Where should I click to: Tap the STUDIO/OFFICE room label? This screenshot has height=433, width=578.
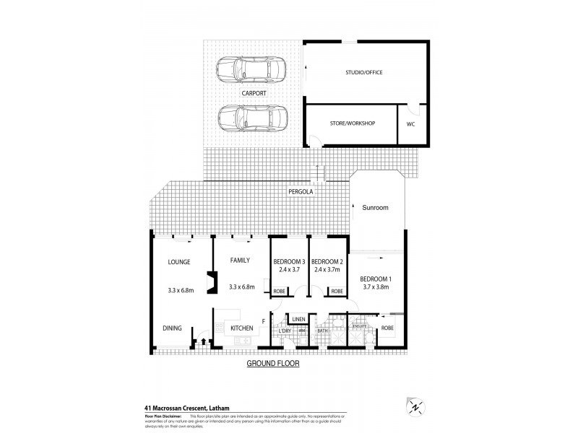click(x=363, y=72)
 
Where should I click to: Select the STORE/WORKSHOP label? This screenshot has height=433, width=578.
click(x=351, y=123)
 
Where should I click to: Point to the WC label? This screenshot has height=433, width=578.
click(x=410, y=124)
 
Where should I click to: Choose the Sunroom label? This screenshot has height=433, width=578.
click(x=376, y=208)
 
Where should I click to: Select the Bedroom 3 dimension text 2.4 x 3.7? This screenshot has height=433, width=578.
click(x=288, y=270)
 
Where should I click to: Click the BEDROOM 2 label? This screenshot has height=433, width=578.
click(x=327, y=261)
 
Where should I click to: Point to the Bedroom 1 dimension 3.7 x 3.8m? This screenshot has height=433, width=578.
click(x=376, y=287)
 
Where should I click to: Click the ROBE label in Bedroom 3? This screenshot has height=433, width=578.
click(x=279, y=291)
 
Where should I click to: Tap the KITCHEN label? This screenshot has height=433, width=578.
click(x=241, y=328)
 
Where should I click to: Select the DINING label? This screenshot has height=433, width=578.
click(x=172, y=328)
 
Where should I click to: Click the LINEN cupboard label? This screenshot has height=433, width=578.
click(x=300, y=318)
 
